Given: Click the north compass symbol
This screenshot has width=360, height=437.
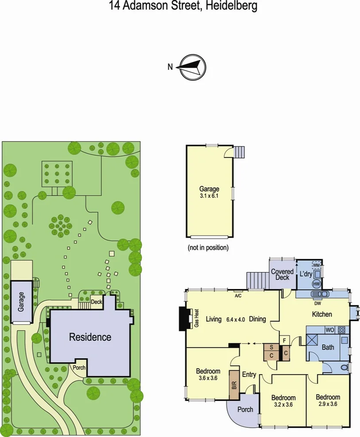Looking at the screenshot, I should pyautogui.click(x=193, y=67).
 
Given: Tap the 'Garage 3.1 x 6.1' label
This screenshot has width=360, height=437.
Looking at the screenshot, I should pyautogui.click(x=209, y=192).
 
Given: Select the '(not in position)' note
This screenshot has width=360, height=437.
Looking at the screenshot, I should pyautogui.click(x=208, y=248).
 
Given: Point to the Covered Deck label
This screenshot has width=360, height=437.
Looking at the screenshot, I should pyautogui.click(x=282, y=274).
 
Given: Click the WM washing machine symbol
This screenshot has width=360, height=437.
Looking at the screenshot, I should pyautogui.click(x=316, y=265).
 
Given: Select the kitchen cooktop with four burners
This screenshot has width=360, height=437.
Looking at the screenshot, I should pyautogui.click(x=341, y=330).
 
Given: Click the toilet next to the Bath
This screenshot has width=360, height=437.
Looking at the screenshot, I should pyautogui.click(x=344, y=367).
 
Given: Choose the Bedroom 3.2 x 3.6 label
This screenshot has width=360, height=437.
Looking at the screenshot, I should pyautogui.click(x=283, y=401).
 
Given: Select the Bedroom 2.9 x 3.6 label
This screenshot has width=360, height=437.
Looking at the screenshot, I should pyautogui.click(x=328, y=400).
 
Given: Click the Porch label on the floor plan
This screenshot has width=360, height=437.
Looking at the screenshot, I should pyautogui.click(x=245, y=409).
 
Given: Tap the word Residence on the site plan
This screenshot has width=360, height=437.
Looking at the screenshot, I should pyautogui.click(x=90, y=337).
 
